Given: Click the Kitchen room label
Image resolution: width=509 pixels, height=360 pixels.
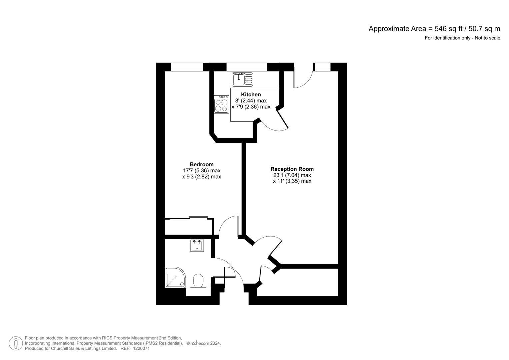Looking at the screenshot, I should [251, 94].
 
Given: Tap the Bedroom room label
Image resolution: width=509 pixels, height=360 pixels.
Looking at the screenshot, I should [201, 164].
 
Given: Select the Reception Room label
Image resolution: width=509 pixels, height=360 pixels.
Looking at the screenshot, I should [292, 169].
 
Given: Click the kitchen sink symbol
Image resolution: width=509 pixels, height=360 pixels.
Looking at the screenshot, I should [242, 79].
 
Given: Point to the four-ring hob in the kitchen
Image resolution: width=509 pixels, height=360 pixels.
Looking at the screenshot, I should [222, 104].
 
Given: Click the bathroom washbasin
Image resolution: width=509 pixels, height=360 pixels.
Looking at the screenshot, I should [197, 246].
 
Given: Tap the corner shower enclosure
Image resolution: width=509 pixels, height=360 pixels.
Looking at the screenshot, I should [175, 277].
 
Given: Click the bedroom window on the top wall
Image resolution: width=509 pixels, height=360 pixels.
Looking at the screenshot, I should [187, 67].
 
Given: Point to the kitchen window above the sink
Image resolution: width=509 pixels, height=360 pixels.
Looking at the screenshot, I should [246, 67].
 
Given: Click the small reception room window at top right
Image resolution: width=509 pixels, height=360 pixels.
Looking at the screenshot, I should [322, 67].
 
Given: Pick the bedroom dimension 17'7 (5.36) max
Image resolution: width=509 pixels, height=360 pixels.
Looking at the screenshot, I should [201, 171].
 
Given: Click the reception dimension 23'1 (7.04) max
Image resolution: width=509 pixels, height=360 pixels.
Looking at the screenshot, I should [292, 175].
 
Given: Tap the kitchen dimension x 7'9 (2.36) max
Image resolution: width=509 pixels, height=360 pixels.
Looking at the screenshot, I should [251, 107].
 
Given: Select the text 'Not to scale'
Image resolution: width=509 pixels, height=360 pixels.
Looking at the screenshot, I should [487, 38].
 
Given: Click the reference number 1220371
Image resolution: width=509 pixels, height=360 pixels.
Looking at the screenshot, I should [141, 348].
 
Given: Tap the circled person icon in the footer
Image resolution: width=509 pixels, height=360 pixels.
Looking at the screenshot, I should [16, 343].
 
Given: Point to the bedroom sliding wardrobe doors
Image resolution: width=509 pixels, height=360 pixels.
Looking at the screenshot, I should [189, 218].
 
